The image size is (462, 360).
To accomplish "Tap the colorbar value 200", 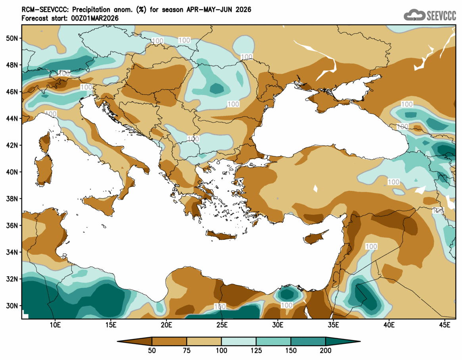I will point(326,350).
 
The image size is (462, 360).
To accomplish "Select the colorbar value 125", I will point(256,350).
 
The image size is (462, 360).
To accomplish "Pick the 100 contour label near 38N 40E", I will point(393,182).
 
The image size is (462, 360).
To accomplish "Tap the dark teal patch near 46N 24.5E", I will point(217,89).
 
